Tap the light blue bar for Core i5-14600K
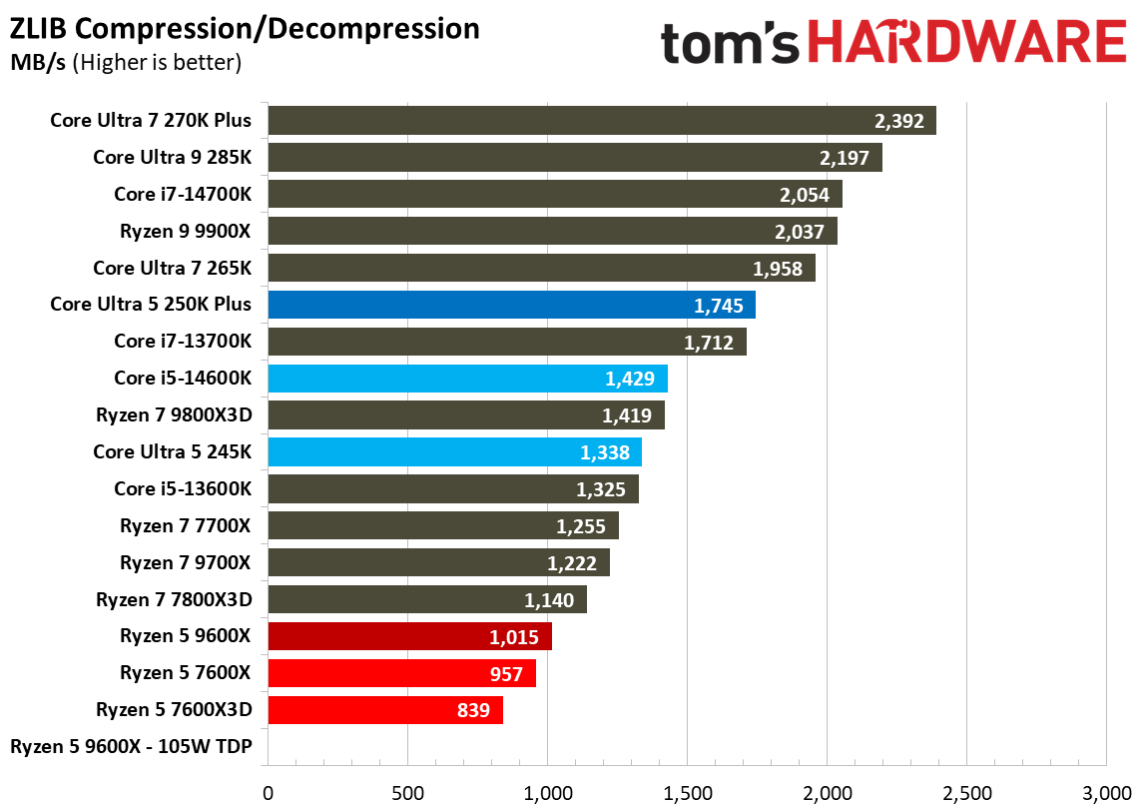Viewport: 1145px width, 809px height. point(467,379)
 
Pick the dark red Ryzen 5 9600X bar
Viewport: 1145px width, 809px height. point(409,637)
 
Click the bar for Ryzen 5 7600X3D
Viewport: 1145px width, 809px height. point(384,710)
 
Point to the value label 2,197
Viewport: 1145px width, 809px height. point(844,158)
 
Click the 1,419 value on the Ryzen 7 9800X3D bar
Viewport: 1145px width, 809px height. point(626,415)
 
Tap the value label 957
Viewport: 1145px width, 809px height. point(506,674)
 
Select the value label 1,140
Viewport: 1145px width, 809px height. point(548,600)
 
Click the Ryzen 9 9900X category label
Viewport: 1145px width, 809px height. point(186,231)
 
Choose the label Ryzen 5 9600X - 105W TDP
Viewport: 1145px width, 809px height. point(131,747)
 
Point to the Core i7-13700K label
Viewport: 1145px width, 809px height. point(183,342)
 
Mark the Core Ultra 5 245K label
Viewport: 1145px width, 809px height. point(172,452)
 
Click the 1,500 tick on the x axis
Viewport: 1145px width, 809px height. point(687,794)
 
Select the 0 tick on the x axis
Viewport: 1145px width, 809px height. point(268,794)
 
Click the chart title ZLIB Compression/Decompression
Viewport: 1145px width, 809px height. point(245,29)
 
